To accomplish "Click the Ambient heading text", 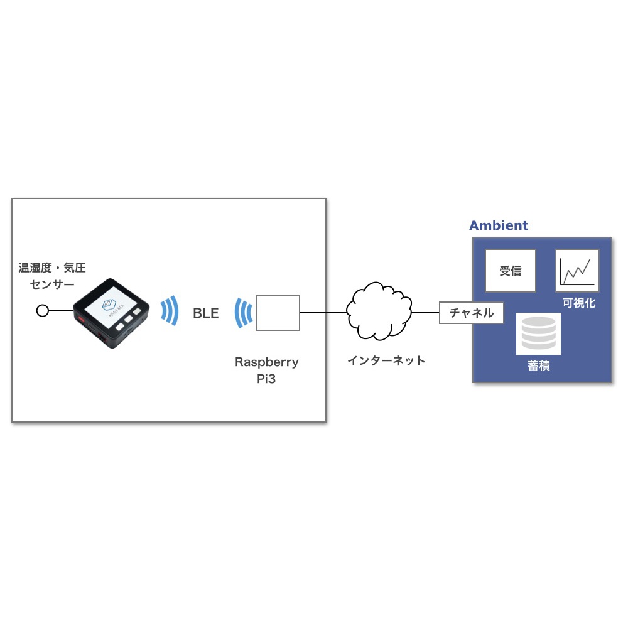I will coord(499,225).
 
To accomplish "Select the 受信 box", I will coord(511,271).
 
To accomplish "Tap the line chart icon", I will coord(577,271).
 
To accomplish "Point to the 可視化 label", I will coord(578,303).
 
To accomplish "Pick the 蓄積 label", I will coord(539,366).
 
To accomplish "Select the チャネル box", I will coord(471,313).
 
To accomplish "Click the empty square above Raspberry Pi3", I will coord(277,312).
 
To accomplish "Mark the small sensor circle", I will coord(43,310).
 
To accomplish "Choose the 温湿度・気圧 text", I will coord(52,268).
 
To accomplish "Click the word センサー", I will coord(52,284).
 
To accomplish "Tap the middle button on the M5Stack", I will coord(127,319).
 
